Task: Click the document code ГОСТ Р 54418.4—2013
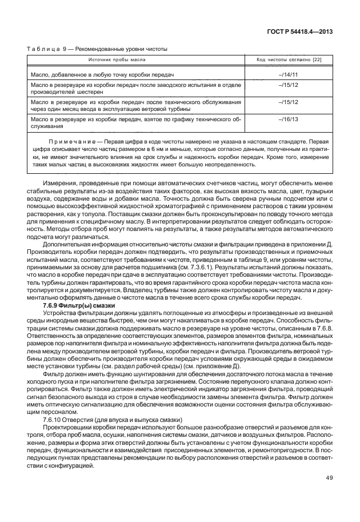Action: point(305,32)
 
